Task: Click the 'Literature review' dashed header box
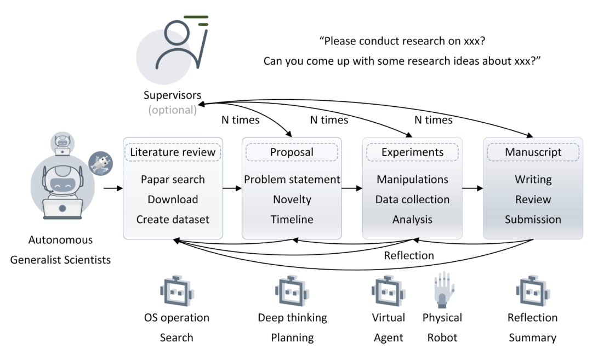pos(173,152)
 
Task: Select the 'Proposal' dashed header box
pos(292,152)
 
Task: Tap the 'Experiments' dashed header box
pos(412,152)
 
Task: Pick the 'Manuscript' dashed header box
pos(533,152)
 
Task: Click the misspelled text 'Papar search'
pos(173,179)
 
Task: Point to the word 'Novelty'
pos(292,199)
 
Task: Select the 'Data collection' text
pos(412,199)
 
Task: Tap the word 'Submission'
pos(533,219)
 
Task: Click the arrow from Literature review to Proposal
pos(232,188)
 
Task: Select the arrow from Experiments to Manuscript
pos(473,188)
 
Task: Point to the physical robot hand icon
pos(443,289)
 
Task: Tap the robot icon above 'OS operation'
pos(177,290)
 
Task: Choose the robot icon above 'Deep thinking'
pos(292,290)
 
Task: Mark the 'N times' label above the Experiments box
pos(434,120)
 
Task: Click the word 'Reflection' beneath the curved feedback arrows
pos(409,255)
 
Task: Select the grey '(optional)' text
pos(173,110)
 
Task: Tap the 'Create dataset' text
pos(173,219)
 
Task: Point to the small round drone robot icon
pos(100,163)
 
